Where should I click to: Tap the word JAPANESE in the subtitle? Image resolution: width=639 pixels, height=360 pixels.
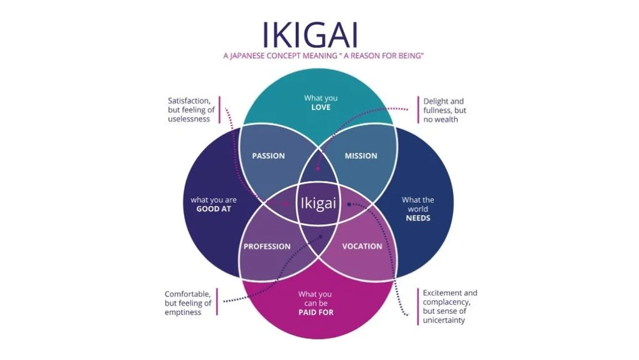coord(256,57)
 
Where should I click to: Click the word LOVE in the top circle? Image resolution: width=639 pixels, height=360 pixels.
coord(321,107)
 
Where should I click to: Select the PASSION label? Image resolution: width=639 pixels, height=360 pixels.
coord(268,156)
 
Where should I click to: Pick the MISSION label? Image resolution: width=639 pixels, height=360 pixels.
coord(361,156)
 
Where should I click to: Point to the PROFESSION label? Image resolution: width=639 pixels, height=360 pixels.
coord(267,247)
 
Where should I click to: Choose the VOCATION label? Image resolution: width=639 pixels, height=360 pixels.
coord(362,247)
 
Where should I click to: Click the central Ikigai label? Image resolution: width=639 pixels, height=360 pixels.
coord(318,203)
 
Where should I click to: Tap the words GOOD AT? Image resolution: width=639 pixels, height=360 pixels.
coord(213,209)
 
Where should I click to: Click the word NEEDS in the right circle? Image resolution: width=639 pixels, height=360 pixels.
coord(418,218)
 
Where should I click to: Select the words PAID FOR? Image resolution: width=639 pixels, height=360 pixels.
coord(316,313)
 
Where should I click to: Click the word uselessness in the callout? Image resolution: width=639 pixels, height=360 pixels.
coord(189,119)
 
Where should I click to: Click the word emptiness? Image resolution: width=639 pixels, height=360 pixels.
coord(183,312)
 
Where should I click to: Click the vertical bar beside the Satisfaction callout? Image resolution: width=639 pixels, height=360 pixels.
coord(219,110)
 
